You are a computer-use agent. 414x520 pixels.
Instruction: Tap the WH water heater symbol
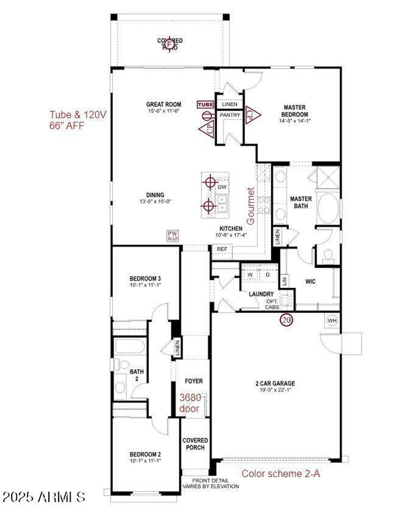(x=332, y=321)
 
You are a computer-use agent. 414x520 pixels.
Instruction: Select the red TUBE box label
(x=206, y=104)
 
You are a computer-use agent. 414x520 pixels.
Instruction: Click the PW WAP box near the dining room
(x=173, y=236)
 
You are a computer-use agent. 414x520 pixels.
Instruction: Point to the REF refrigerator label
(x=222, y=249)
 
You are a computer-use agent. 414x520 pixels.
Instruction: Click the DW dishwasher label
(x=222, y=187)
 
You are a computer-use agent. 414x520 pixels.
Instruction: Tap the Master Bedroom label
(x=295, y=111)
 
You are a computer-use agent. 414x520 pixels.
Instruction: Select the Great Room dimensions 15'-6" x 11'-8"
(x=164, y=111)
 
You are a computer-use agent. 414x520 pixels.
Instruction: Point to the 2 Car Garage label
(x=275, y=383)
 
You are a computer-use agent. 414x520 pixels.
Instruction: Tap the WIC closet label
(x=310, y=281)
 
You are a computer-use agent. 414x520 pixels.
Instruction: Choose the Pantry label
(x=230, y=115)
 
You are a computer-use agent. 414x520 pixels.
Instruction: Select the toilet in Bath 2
(x=123, y=365)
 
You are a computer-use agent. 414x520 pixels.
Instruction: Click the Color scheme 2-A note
(x=281, y=474)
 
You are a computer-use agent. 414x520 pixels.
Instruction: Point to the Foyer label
(x=194, y=381)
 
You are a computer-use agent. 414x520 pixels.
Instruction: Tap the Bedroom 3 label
(x=145, y=279)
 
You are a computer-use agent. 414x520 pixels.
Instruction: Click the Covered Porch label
(x=195, y=444)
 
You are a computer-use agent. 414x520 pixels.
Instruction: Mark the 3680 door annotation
(x=190, y=403)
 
